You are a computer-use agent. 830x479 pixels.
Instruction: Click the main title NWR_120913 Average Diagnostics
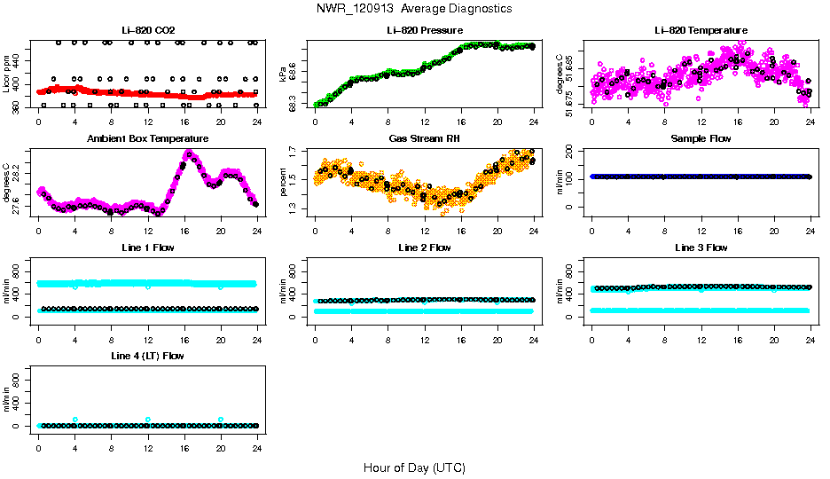point(414,9)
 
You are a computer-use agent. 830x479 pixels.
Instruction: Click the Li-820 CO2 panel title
point(147,30)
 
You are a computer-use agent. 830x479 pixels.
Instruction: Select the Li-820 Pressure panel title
point(424,30)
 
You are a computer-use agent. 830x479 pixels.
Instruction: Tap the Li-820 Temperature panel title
point(701,30)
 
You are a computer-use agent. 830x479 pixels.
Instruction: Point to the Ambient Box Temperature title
point(147,138)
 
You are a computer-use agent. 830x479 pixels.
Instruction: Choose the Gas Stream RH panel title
point(424,138)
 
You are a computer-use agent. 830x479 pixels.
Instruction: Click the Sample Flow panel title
point(701,138)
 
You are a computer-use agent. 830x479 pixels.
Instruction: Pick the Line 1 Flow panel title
point(147,247)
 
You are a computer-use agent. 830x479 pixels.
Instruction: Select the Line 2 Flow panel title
point(424,247)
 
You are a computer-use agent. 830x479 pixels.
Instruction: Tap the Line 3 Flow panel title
point(701,247)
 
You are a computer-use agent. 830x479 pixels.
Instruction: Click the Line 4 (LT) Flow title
point(147,356)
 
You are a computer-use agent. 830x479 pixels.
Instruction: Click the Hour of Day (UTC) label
point(414,467)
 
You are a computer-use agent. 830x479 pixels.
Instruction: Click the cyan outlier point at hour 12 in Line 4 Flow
point(148,420)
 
